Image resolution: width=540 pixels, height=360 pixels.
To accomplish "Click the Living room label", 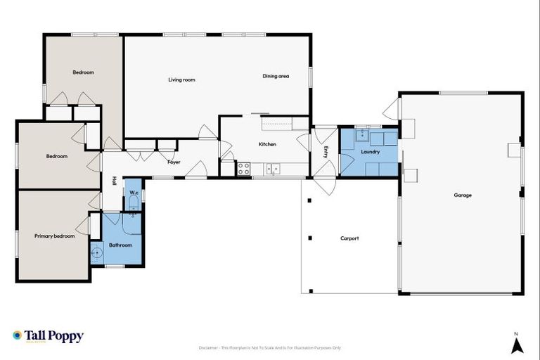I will click(x=181, y=80).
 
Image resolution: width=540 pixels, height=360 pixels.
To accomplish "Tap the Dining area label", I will click(x=276, y=76).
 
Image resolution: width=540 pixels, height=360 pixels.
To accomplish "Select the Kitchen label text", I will click(x=267, y=144).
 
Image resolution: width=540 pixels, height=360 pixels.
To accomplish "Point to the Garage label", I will click(x=462, y=195).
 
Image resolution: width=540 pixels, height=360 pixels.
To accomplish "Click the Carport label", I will click(x=349, y=238).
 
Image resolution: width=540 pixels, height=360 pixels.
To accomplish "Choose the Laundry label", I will click(x=370, y=152).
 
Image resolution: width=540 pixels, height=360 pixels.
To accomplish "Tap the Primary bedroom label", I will click(x=55, y=236).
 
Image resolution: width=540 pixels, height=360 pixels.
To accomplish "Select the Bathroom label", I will click(x=120, y=245).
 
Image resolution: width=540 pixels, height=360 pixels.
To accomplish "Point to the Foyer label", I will click(x=174, y=162).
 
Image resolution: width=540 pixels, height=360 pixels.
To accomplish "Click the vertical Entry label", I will click(x=325, y=150).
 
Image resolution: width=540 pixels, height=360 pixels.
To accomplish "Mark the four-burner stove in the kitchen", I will click(x=244, y=169).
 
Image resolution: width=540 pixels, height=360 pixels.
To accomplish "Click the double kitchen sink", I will click(x=274, y=168).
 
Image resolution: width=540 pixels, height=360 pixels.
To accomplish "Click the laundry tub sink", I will click(x=361, y=134).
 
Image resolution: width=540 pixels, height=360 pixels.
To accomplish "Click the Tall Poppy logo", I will click(x=48, y=336).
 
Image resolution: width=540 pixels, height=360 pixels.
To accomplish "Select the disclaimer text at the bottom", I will click(x=270, y=348).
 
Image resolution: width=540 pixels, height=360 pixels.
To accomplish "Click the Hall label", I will click(x=113, y=180).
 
